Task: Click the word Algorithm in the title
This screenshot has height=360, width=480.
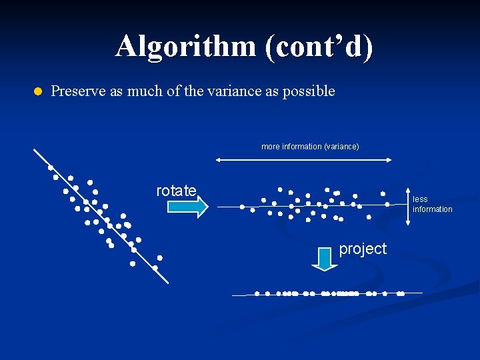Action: click(x=185, y=47)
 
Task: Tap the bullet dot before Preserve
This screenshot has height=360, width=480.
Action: click(x=37, y=91)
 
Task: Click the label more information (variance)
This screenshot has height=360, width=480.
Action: click(x=310, y=146)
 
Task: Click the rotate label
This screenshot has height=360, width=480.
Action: click(x=176, y=191)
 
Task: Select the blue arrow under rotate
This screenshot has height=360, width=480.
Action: click(x=187, y=207)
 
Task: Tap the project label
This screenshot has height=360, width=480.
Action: click(x=363, y=249)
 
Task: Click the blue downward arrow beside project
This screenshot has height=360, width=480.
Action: click(x=325, y=258)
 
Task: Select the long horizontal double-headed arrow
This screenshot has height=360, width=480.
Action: click(x=303, y=159)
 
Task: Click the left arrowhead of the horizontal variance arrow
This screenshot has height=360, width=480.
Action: click(x=218, y=159)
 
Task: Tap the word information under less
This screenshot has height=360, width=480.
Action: click(x=432, y=209)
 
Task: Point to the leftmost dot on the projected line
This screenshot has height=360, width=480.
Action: click(x=257, y=293)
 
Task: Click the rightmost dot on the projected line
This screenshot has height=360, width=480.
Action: click(x=401, y=293)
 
